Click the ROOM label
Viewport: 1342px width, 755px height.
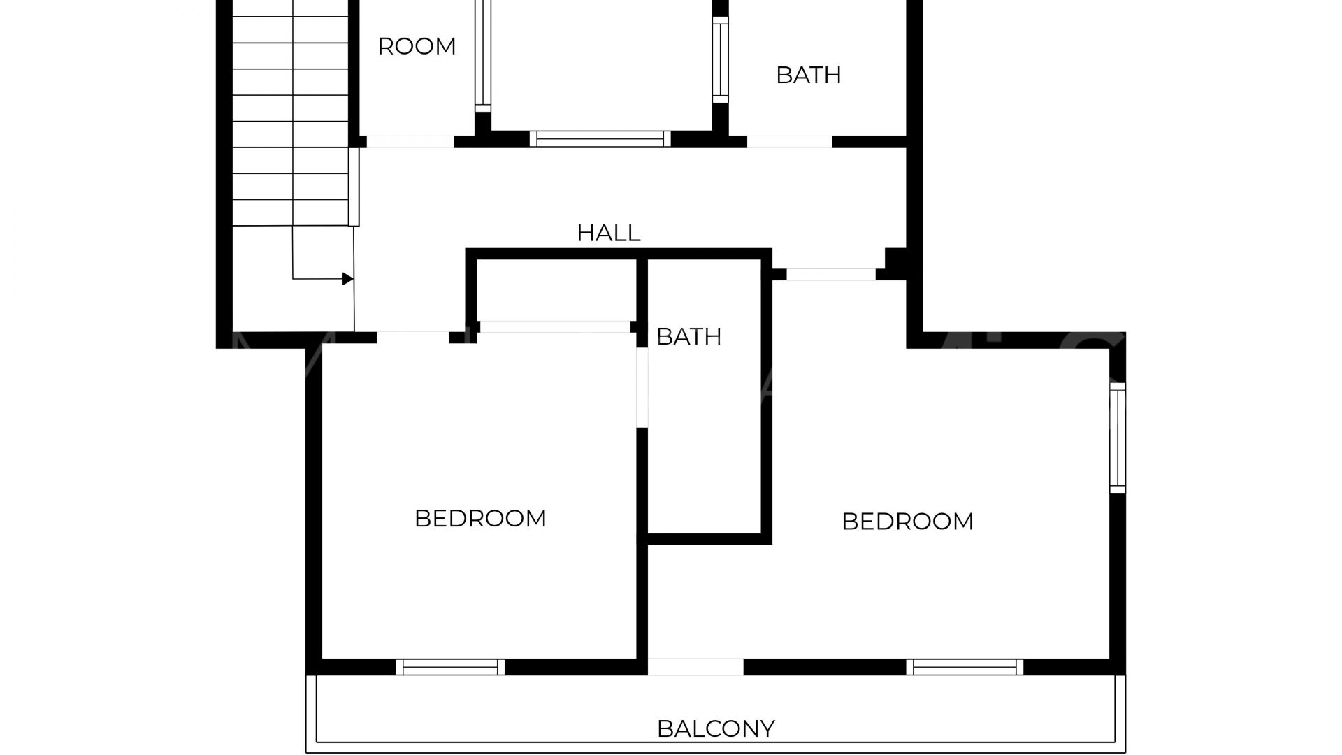417,47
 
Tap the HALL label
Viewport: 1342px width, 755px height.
609,233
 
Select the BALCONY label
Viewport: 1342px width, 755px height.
716,729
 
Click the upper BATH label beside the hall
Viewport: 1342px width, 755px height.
809,75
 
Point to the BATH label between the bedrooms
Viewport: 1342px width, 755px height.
688,337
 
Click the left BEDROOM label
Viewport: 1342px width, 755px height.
480,519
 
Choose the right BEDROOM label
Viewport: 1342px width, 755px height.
907,522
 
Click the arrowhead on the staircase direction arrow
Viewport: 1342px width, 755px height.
348,279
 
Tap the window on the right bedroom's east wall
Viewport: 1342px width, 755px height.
1118,438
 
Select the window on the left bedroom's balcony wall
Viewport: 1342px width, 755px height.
450,667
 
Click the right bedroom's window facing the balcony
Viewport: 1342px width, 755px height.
965,667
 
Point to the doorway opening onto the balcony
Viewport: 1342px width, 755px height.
695,667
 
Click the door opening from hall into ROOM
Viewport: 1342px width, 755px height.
410,141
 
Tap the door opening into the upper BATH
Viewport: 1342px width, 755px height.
790,141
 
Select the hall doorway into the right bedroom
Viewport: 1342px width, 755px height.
831,275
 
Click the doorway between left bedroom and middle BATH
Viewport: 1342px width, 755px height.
642,387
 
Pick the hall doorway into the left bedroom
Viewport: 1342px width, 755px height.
412,338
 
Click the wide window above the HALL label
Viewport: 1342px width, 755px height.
600,138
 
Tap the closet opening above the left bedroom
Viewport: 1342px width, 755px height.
555,326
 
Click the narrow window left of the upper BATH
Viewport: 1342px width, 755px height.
721,59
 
